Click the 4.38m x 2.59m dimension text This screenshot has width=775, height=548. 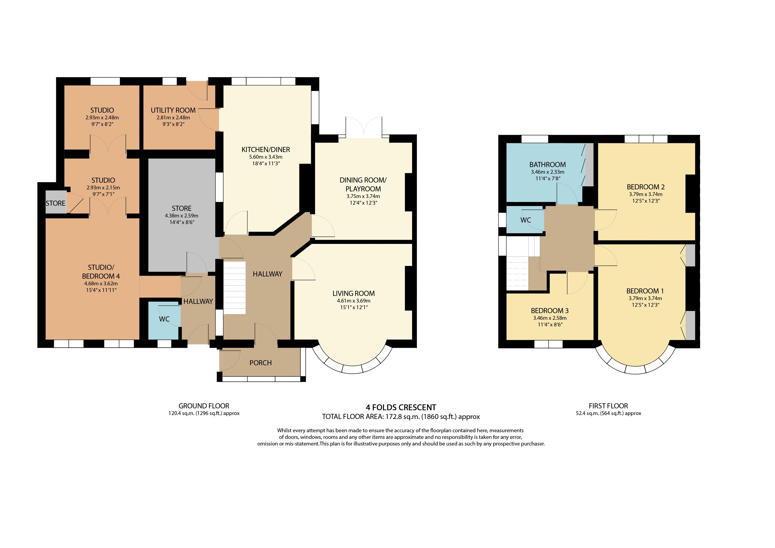(182, 216)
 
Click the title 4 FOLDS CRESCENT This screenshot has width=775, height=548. (401, 407)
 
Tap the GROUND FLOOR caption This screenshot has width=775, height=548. (204, 406)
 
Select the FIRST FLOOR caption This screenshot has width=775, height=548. (608, 406)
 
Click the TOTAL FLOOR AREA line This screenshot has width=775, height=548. (401, 417)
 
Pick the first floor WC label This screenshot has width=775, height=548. (526, 220)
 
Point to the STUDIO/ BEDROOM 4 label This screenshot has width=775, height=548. (101, 272)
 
